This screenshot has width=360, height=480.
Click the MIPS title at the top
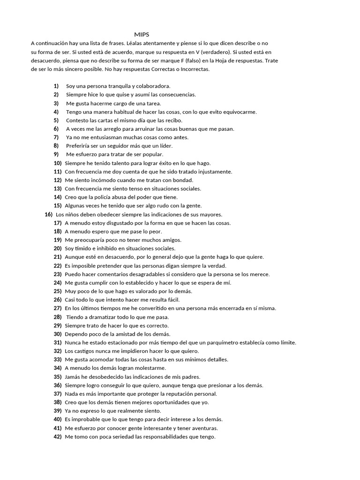(x=142, y=35)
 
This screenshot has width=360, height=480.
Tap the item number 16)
(x=48, y=214)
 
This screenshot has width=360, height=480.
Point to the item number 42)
(x=58, y=437)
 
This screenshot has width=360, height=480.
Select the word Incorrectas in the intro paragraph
(x=195, y=69)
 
